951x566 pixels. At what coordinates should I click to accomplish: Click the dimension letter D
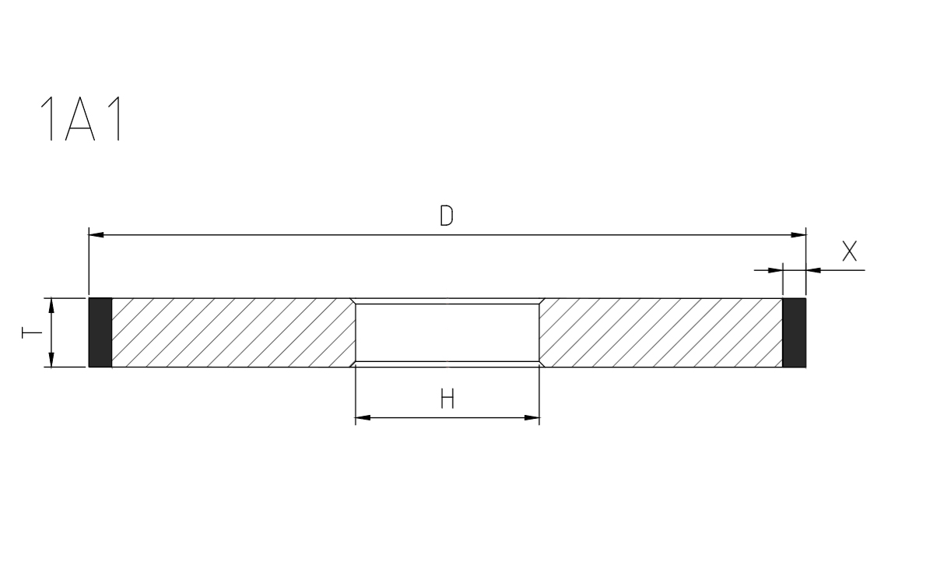coord(447,216)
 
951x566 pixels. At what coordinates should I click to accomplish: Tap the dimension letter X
coord(850,251)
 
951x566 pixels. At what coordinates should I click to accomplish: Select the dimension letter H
coord(447,399)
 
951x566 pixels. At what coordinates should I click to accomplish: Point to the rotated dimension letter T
coord(31,333)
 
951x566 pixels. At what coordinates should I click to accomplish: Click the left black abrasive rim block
coord(100,332)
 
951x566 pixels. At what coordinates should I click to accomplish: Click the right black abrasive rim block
coord(794,332)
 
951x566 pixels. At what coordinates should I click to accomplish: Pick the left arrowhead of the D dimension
coord(97,235)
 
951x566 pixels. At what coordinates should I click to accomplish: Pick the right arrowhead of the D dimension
coord(798,235)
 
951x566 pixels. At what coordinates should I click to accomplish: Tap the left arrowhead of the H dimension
coord(363,418)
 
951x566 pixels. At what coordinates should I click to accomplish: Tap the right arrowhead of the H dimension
coord(532,418)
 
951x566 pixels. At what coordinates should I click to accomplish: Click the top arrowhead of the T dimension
coord(52,306)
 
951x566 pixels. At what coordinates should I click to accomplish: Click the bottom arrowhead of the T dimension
coord(52,360)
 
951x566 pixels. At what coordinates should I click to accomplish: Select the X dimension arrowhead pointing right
coord(775,270)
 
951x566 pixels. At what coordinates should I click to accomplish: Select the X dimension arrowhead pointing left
coord(813,270)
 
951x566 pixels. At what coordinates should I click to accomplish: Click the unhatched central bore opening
coord(447,332)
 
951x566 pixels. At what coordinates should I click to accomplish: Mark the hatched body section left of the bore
coord(233,332)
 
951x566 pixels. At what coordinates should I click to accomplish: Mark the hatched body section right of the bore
coord(661,332)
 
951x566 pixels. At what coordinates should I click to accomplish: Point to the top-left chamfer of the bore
coord(353,301)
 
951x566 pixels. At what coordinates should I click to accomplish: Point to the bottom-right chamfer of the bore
coord(542,364)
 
